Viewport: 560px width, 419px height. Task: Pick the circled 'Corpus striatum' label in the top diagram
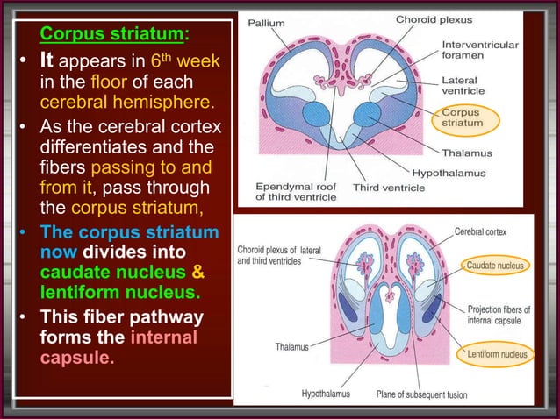[462, 118]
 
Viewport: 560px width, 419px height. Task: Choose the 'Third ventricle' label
[389, 187]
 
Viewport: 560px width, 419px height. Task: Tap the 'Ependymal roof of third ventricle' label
[296, 192]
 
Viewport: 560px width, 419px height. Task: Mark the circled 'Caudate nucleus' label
[496, 264]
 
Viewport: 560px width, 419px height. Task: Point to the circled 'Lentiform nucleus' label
[498, 354]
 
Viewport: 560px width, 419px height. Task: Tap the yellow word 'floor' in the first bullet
[106, 86]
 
